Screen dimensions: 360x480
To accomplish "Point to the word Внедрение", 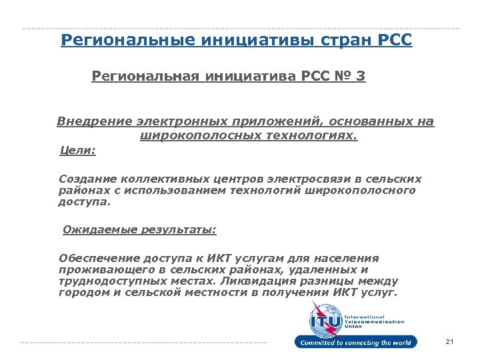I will [94, 122].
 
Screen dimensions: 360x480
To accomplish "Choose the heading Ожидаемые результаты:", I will [139, 230].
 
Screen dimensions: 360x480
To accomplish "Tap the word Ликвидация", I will [270, 281].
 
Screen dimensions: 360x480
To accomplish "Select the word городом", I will [79, 293].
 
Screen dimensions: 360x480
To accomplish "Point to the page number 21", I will [449, 342].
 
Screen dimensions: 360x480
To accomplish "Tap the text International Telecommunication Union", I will [373, 321].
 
